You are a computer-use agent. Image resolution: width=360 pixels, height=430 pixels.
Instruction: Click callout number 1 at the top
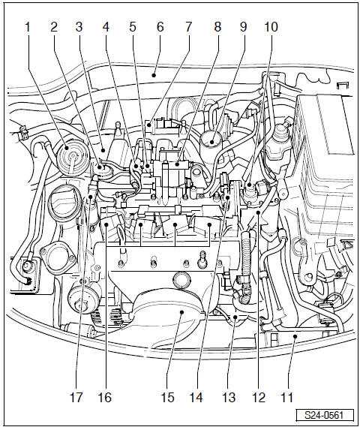pos(28,27)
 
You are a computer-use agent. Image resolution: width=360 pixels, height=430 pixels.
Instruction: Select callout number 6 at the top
pos(160,27)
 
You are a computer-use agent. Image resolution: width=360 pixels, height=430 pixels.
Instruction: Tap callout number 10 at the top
pos(271,27)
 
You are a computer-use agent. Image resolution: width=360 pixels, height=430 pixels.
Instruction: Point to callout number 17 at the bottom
pos(76,397)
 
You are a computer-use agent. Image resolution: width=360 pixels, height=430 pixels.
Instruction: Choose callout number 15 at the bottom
pos(167,397)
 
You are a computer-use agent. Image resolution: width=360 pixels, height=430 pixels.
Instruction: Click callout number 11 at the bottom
pos(286,397)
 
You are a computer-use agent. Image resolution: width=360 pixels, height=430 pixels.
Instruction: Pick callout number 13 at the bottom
pos(229,397)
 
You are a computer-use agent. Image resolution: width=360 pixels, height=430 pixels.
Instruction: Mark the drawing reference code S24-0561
pos(324,415)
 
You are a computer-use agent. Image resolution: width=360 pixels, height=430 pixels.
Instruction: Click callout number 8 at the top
pos(217,27)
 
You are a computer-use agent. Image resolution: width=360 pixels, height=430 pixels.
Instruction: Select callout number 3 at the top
pos(79,27)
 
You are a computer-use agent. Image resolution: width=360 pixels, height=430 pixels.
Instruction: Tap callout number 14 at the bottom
pos(196,397)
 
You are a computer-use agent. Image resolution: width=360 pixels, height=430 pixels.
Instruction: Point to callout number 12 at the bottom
pos(259,397)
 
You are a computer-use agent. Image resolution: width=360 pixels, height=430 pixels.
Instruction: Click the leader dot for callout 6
pos(154,75)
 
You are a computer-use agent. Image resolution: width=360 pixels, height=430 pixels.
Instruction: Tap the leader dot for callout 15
pos(182,311)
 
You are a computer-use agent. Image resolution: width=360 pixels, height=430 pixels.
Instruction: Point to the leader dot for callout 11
pos(295,336)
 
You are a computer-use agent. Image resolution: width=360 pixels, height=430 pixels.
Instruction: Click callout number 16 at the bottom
pos(105,397)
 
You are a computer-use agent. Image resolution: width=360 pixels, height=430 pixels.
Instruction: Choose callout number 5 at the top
pos(133,27)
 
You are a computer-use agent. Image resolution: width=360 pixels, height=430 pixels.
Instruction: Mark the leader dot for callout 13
pos(235,317)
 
